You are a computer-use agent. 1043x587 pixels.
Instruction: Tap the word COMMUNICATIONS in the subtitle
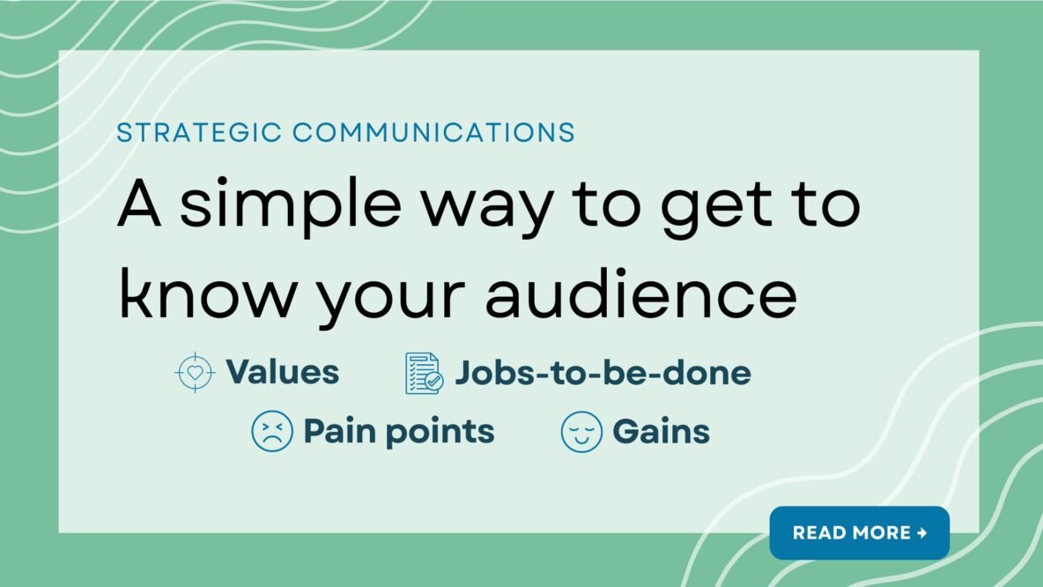[433, 133]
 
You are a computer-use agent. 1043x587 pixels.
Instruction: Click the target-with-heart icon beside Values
[195, 372]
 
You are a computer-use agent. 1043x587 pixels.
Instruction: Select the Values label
[282, 372]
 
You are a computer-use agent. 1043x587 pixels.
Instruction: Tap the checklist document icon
[423, 373]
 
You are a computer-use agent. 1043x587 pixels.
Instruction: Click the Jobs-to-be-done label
[603, 373]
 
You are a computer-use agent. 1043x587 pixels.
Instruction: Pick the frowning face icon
[271, 432]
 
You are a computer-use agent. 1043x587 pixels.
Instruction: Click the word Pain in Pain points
[338, 432]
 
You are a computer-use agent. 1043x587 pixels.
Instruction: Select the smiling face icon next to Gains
[581, 432]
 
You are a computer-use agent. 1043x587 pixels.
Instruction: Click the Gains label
[661, 432]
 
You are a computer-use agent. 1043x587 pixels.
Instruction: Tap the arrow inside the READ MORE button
[921, 532]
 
